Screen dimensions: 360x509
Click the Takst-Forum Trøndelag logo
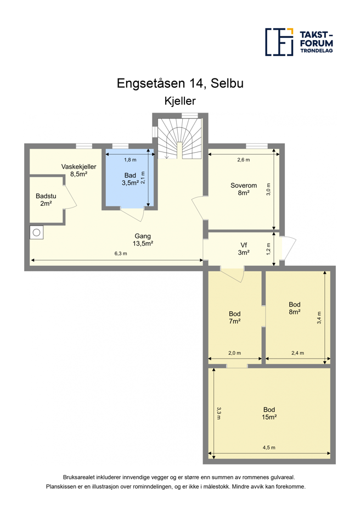point(299,42)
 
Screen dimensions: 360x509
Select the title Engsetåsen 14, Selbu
point(180,83)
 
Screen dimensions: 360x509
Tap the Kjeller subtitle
point(180,101)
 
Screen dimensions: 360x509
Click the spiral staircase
point(180,138)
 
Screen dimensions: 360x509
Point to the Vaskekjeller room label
point(79,170)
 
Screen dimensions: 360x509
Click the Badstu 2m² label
point(46,200)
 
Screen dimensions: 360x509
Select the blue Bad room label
point(130,179)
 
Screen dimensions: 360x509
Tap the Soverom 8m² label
point(244,189)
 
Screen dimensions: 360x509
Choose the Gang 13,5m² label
point(143,239)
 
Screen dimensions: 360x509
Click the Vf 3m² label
point(244,249)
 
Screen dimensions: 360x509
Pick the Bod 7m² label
point(234,317)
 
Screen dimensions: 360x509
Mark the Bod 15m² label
point(269,413)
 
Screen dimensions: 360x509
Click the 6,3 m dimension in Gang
point(121,254)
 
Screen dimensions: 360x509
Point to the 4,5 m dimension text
point(269,448)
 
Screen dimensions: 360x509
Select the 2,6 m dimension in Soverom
point(244,160)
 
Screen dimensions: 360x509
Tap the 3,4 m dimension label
point(319,318)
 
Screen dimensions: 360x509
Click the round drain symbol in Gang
point(36,232)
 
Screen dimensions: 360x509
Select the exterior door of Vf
point(288,248)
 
